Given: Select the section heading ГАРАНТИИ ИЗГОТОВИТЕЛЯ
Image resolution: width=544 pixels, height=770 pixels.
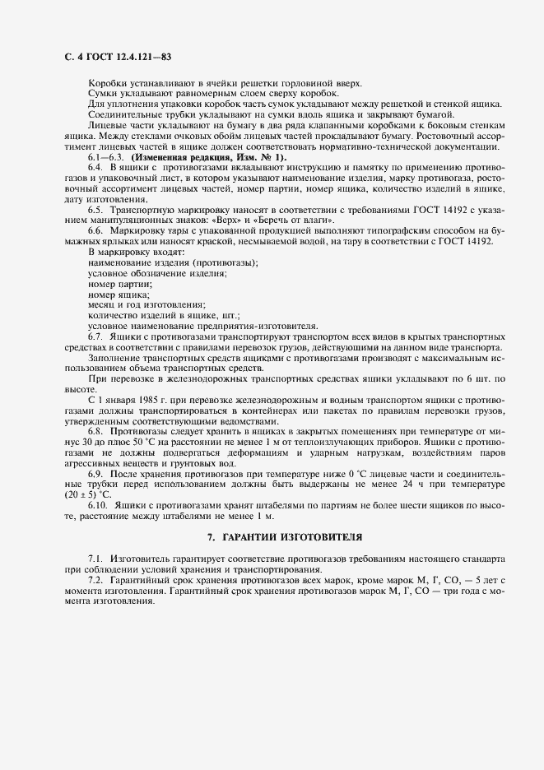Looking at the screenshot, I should [x=284, y=536].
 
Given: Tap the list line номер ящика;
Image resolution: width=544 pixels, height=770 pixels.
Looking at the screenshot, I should [x=119, y=295].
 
